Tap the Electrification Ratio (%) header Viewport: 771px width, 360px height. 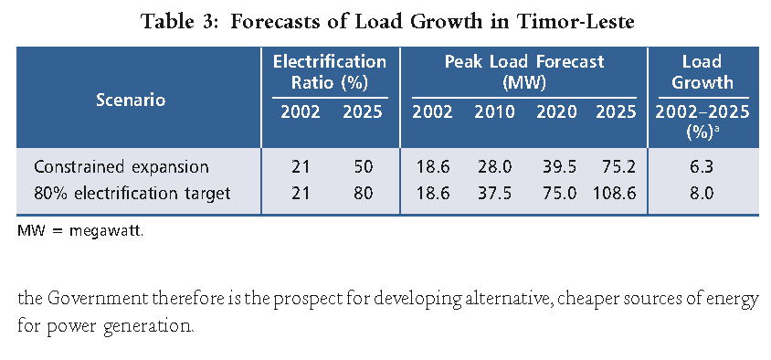(x=330, y=72)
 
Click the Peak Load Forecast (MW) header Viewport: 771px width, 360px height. (x=524, y=72)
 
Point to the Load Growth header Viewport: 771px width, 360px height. (x=702, y=72)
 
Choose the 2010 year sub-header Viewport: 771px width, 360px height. (x=494, y=113)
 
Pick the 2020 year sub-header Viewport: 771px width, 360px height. (x=555, y=113)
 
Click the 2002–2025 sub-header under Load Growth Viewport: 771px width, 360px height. (x=702, y=113)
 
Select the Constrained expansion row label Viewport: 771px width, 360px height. (x=121, y=167)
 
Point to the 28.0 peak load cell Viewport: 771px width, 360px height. (x=494, y=167)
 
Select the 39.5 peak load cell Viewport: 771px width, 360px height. (x=555, y=167)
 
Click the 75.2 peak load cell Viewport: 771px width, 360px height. (x=615, y=167)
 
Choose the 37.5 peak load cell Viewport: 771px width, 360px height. (x=494, y=193)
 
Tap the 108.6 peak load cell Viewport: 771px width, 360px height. (x=611, y=193)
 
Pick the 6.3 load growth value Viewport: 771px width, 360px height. (x=702, y=167)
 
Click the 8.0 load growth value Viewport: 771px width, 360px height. (x=702, y=193)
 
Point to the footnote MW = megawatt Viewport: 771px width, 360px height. (x=80, y=230)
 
